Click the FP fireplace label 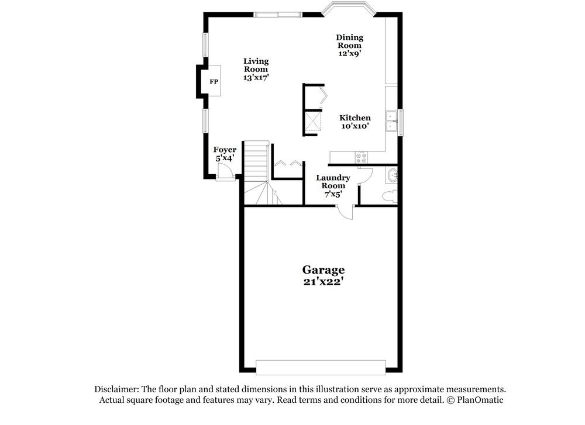tap(214, 81)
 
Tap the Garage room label tap(323, 270)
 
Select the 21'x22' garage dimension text tap(323, 281)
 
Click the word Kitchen tap(355, 118)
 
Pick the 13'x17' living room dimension tap(256, 77)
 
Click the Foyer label tap(225, 150)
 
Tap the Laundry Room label tap(333, 182)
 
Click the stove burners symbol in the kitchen tap(360, 157)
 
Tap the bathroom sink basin tap(393, 174)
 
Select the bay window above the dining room tap(349, 9)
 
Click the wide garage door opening tap(321, 367)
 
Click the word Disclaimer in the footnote tap(116, 389)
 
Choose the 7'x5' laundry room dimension tap(333, 194)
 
